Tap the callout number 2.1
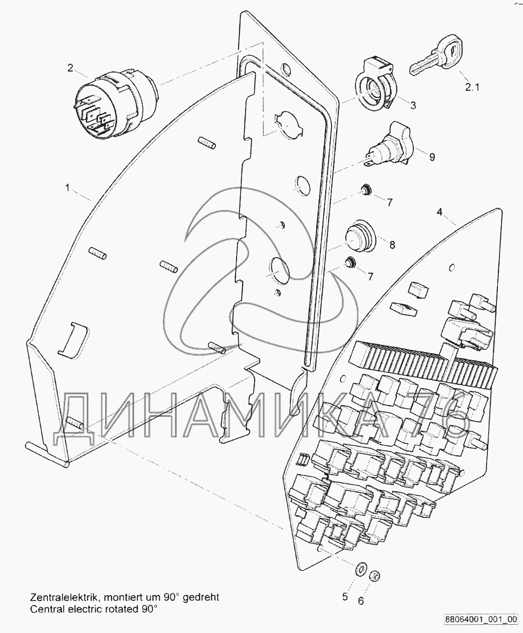[472, 87]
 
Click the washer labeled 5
[360, 569]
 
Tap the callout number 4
[440, 212]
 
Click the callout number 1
[67, 188]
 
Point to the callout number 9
[432, 157]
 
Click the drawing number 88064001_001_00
[480, 619]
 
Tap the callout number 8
[392, 245]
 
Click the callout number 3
[413, 105]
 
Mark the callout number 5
[345, 597]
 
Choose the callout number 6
[360, 601]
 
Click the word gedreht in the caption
[201, 597]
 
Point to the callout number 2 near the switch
[70, 68]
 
